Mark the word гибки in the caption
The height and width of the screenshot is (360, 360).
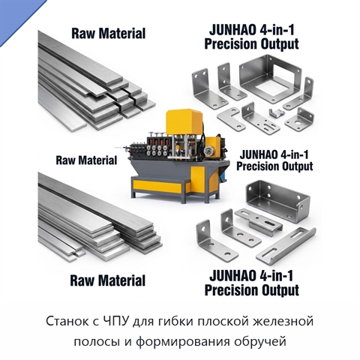click(x=175, y=322)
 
